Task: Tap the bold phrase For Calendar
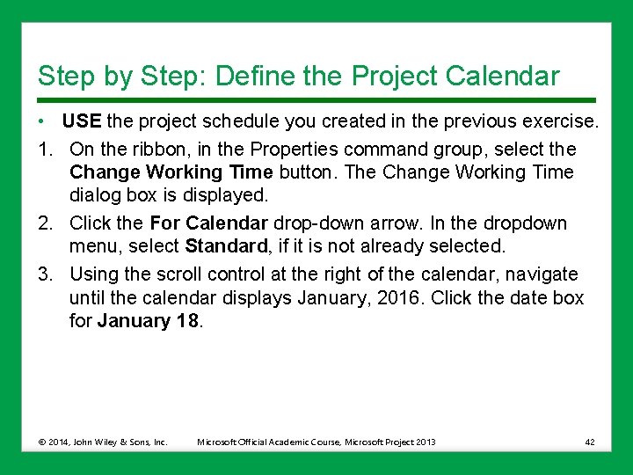point(208,223)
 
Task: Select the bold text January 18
point(149,322)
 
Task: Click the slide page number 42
point(588,442)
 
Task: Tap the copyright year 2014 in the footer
point(62,442)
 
